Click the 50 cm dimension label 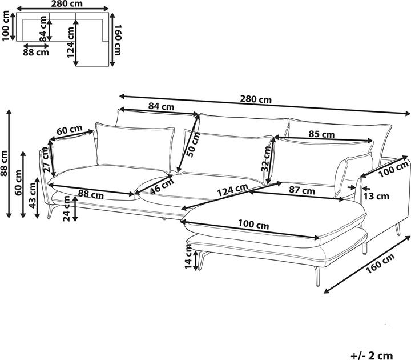(194, 145)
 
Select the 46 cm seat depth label (162, 186)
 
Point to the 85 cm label (321, 134)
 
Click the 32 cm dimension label (267, 159)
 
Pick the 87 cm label (302, 190)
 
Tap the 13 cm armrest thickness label (376, 196)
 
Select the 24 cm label (67, 209)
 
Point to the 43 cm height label (33, 195)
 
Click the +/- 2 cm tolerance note (372, 355)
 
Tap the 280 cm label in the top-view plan (67, 3)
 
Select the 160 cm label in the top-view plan (118, 40)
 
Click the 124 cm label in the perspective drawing (233, 190)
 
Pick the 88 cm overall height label (5, 163)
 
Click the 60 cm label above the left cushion (70, 130)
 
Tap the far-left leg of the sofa (52, 212)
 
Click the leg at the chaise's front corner (317, 277)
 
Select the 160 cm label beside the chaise (380, 263)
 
